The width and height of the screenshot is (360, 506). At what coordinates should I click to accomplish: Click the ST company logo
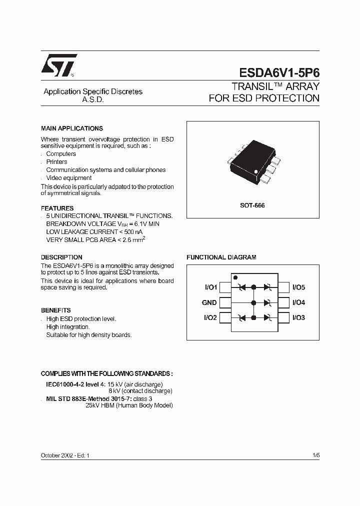58,65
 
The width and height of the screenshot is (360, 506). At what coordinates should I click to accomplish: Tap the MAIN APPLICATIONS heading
72,128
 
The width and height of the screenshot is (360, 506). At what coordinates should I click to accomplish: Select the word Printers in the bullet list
56,162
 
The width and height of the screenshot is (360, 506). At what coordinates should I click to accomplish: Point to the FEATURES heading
57,208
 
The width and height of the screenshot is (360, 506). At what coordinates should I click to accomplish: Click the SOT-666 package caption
253,205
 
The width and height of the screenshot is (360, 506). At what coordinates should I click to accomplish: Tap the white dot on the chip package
255,172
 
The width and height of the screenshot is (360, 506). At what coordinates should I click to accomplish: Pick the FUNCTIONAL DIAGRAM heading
221,257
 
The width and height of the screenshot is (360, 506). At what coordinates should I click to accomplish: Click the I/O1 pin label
210,287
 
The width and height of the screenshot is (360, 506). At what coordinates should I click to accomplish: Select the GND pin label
209,302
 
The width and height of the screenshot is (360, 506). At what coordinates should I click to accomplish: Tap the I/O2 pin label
210,317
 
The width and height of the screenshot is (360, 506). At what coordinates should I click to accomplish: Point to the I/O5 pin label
299,287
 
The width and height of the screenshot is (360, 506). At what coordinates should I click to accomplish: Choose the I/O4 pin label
299,302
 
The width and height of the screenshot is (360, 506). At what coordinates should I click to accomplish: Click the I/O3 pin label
299,317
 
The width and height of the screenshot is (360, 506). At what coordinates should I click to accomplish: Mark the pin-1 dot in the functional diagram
235,277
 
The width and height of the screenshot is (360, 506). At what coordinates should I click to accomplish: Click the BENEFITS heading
56,310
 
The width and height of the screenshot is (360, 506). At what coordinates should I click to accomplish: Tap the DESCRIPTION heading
61,257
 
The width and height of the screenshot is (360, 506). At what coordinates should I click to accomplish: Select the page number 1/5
315,456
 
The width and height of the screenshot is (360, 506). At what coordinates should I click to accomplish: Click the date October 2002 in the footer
56,456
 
